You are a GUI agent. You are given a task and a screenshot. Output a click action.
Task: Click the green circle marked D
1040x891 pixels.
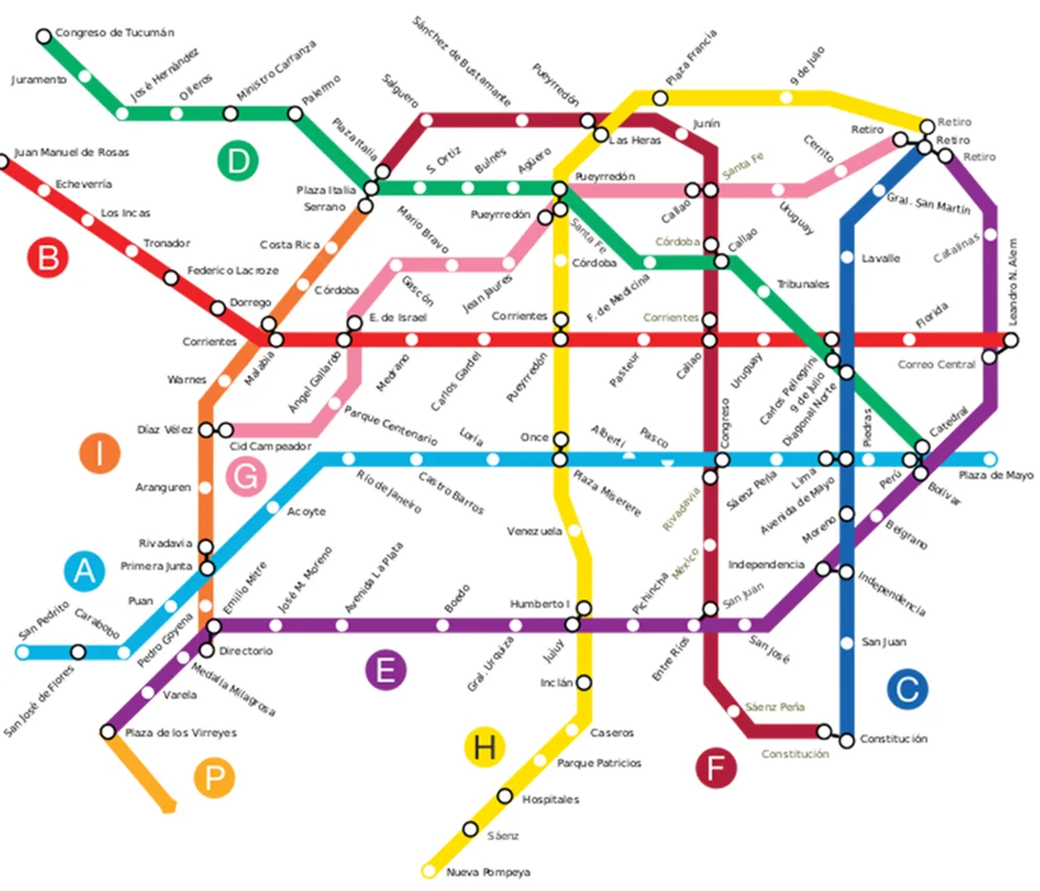(237, 161)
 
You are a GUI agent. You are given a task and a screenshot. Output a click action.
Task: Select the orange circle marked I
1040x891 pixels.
(99, 453)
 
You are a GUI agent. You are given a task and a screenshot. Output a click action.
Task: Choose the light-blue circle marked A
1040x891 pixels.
(84, 571)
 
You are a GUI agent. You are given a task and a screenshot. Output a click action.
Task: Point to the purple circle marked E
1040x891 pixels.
(385, 670)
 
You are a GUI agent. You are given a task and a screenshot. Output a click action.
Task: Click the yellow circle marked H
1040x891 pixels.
(484, 748)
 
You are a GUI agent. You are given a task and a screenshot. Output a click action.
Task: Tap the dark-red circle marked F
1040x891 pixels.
(715, 767)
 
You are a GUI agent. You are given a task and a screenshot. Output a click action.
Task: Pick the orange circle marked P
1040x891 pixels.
(214, 778)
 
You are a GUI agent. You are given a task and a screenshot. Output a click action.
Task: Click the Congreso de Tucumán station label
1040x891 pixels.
(114, 34)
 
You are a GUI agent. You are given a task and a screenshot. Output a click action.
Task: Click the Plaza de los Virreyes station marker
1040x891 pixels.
(108, 731)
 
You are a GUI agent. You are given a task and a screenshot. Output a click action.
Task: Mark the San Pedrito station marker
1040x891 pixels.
(22, 652)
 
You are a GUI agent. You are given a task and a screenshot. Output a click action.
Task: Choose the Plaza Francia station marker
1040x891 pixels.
(660, 98)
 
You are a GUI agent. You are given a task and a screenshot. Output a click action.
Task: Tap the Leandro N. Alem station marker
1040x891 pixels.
(1011, 340)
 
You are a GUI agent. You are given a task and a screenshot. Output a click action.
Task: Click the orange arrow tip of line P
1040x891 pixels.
(170, 807)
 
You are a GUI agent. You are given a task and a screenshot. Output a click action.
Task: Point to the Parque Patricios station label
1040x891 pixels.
(598, 762)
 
